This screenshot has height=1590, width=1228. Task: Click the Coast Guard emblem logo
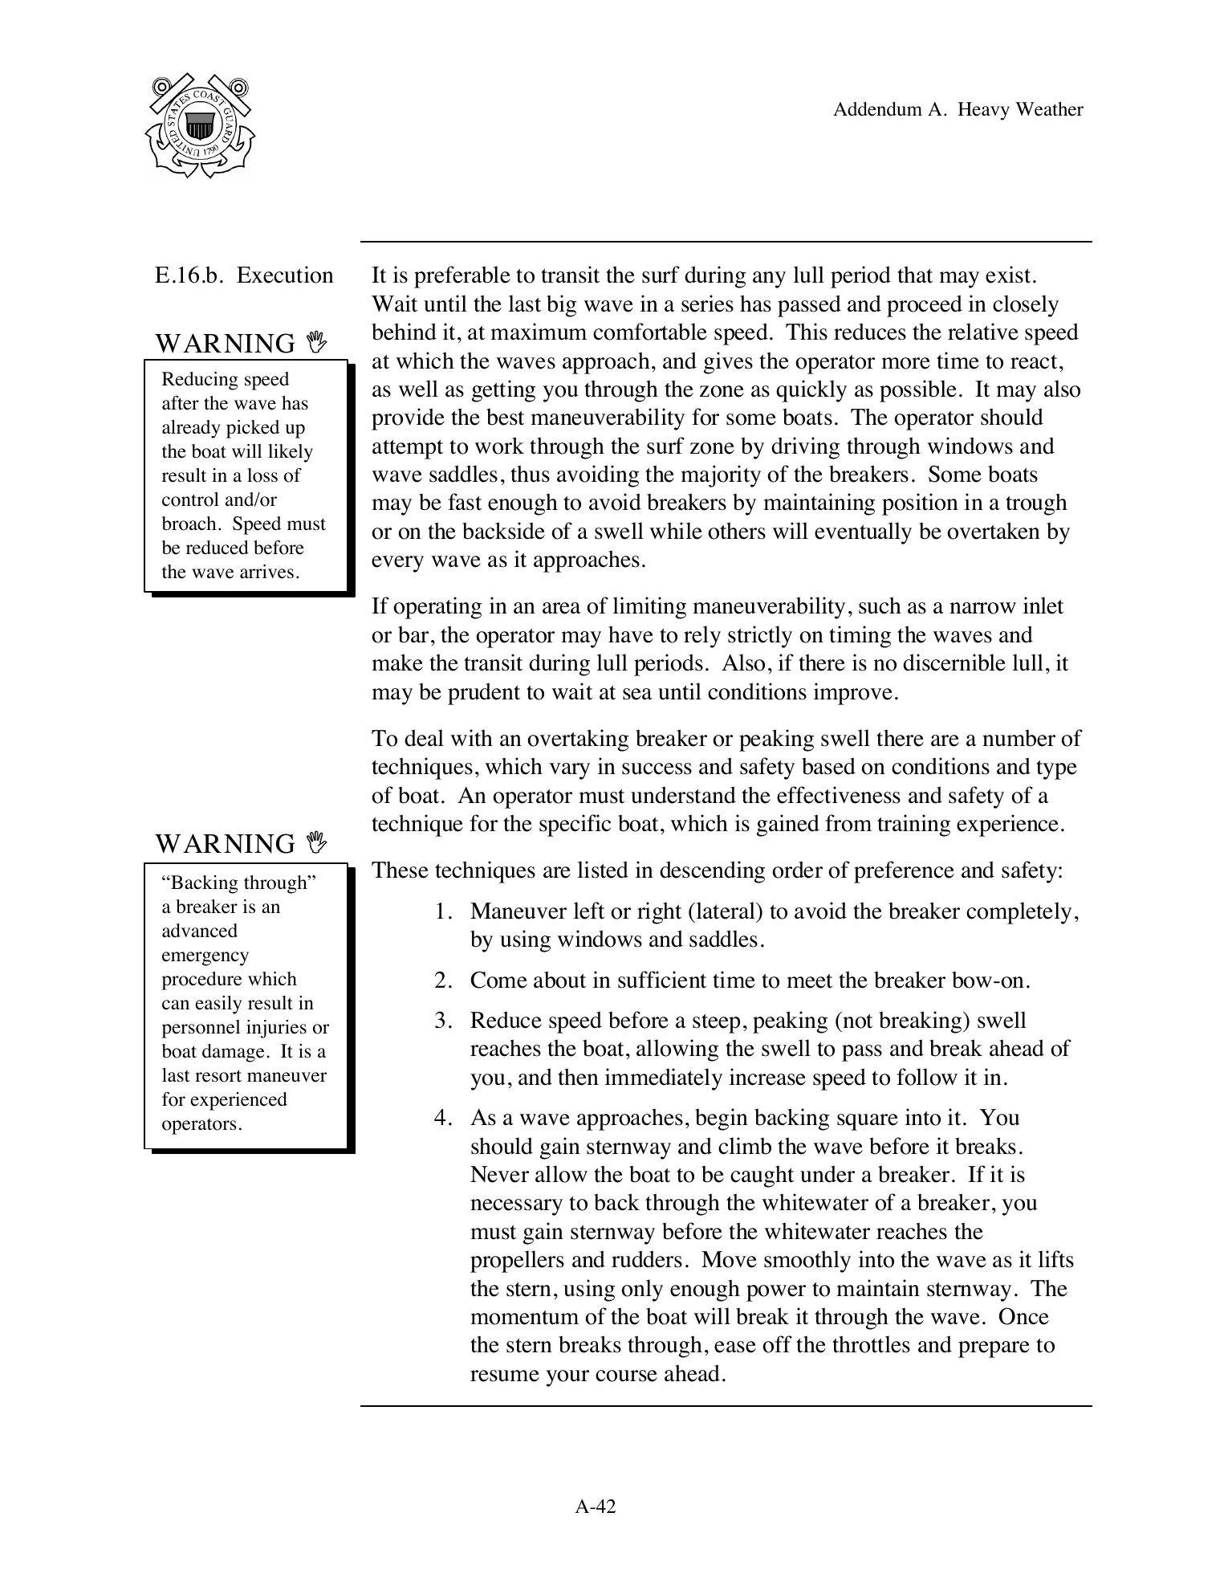tap(200, 126)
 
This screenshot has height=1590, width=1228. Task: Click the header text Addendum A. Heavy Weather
tap(958, 110)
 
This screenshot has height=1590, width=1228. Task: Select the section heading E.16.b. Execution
tap(244, 275)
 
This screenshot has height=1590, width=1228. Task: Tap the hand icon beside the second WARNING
tap(318, 842)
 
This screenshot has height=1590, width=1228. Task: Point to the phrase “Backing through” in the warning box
tap(239, 883)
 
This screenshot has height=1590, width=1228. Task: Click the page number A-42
tap(596, 1506)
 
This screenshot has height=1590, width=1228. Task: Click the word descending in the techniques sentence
tap(688, 870)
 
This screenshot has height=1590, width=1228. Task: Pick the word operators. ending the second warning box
tap(201, 1123)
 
